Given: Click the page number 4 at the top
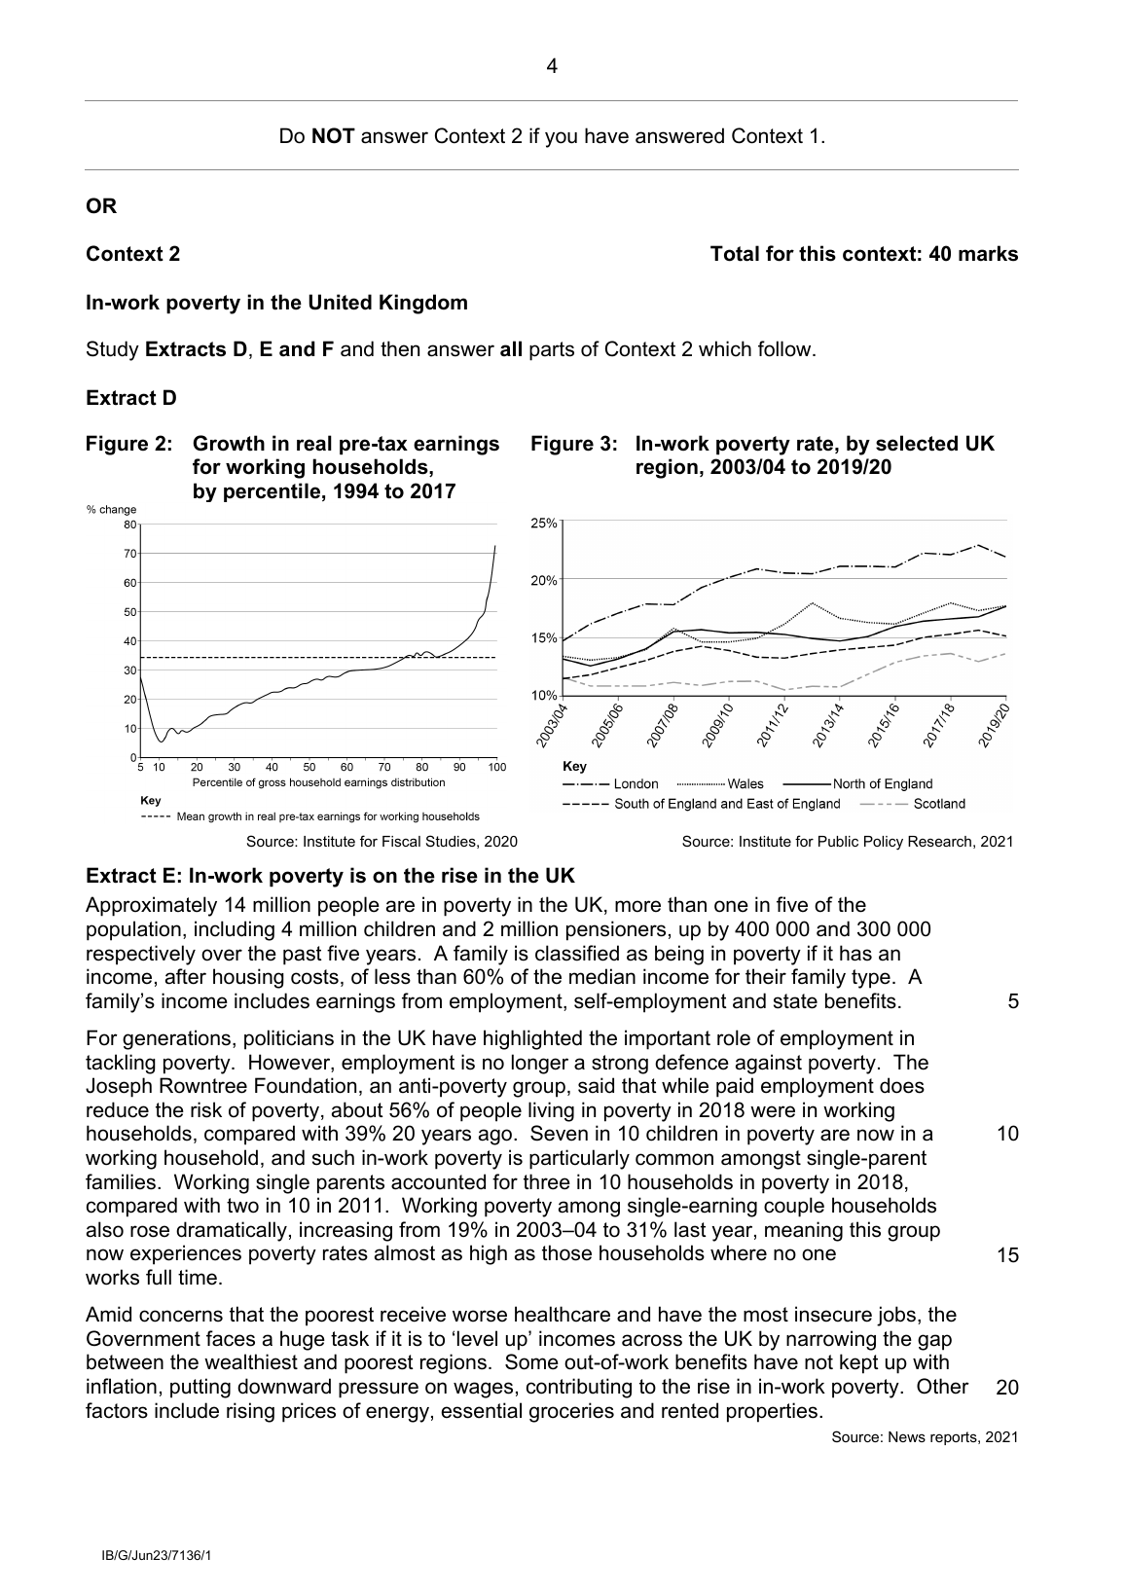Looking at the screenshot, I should pos(552,67).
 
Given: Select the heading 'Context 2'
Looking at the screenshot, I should pos(132,254).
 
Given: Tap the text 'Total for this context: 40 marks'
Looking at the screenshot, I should pos(863,254).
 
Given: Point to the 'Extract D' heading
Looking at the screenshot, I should pos(131,398).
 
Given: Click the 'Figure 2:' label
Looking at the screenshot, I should pos(129,444).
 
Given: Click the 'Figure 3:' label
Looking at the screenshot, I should pos(573,444).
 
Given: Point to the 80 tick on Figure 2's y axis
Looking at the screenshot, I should pos(129,525).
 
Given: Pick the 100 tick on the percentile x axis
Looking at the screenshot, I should pos(496,768).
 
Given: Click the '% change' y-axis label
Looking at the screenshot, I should pos(112,509).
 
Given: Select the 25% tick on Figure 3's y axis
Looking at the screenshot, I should pos(544,523).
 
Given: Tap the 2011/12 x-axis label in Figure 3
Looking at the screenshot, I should pos(771,725).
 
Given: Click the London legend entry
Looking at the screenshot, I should pos(636,784).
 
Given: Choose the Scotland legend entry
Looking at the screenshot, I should pos(938,804).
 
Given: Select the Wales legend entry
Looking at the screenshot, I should pos(745,784).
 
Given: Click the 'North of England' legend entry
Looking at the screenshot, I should pos(882,784).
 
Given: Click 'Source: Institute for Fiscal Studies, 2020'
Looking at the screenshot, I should pos(382,842).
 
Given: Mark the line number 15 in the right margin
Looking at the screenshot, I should pos(1007,1255).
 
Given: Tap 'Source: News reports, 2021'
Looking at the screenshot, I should pos(925,1437).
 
